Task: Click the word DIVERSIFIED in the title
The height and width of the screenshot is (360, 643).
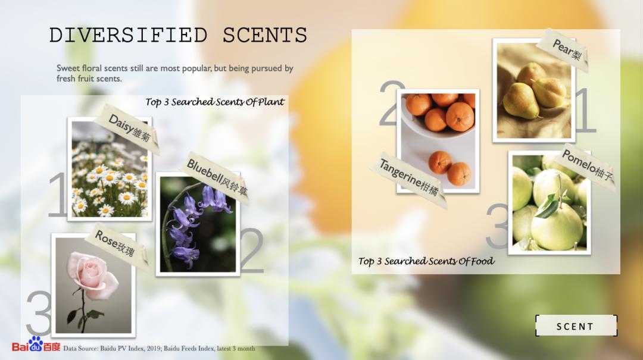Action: pos(129,35)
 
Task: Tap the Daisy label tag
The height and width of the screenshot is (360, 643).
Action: pos(128,129)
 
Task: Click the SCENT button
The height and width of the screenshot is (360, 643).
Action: pos(576,326)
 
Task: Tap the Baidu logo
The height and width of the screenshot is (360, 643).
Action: pos(36,345)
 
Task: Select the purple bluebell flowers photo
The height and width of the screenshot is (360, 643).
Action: pos(198,224)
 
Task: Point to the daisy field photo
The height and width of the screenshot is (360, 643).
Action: pos(109,169)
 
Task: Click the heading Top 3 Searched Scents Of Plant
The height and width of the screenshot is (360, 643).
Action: pos(214,102)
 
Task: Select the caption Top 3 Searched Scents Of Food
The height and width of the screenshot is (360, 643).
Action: pos(426,261)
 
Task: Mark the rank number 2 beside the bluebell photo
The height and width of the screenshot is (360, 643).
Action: pos(252,250)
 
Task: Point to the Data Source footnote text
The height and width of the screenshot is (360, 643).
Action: pos(159,349)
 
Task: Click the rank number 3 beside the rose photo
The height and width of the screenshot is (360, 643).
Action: pos(39,313)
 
